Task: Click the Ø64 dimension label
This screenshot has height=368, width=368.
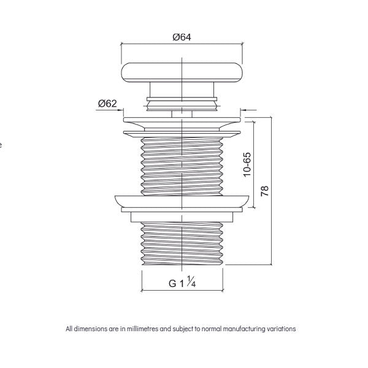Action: coord(182,37)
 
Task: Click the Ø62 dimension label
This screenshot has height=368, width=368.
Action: coord(107,104)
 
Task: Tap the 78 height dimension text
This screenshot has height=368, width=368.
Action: coord(265,191)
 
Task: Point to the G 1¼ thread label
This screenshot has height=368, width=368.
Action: coord(182,283)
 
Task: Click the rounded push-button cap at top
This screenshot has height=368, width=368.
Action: coord(182,74)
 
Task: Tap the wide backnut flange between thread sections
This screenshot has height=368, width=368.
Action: coord(182,202)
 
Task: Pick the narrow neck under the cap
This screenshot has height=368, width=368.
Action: coord(182,102)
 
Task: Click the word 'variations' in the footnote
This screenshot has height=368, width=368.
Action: coord(281,329)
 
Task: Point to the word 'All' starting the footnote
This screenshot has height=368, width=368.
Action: coord(69,329)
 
